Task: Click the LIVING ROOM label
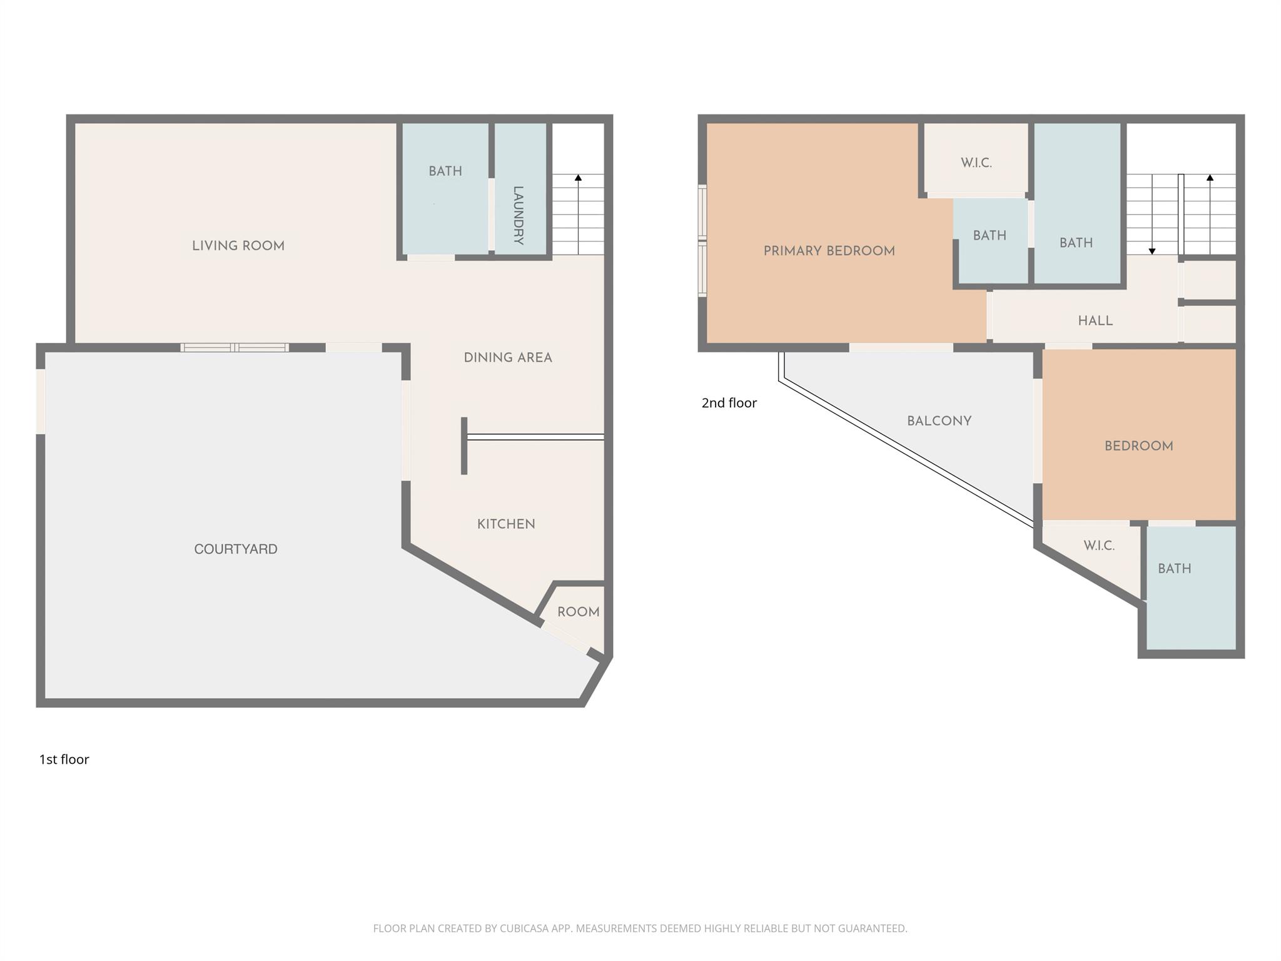click(x=238, y=246)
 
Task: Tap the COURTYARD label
click(x=235, y=549)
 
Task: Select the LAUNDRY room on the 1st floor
click(x=519, y=215)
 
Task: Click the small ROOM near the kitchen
click(x=578, y=612)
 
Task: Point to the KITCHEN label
click(x=506, y=524)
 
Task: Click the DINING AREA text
click(x=507, y=358)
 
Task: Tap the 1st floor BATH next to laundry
click(x=445, y=171)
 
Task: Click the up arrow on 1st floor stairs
click(x=578, y=178)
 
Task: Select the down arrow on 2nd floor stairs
click(x=1152, y=251)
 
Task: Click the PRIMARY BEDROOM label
click(x=829, y=251)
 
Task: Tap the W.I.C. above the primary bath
click(x=976, y=163)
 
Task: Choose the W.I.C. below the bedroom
click(x=1098, y=546)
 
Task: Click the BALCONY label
click(x=939, y=421)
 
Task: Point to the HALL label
click(x=1095, y=321)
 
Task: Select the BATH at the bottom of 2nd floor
click(x=1174, y=569)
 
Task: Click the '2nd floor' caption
click(x=729, y=403)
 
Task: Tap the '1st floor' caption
click(x=64, y=760)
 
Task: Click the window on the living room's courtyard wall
click(x=235, y=347)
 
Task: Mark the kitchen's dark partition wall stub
click(x=463, y=445)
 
